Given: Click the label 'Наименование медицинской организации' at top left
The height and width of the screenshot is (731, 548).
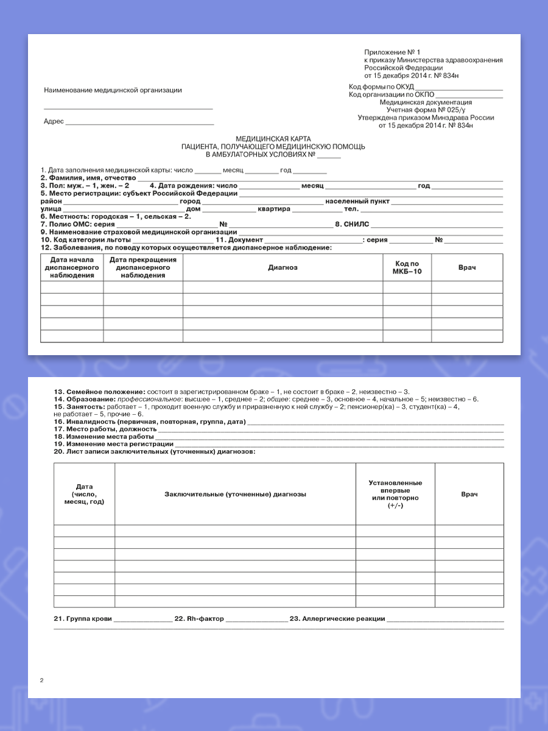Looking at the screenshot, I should tap(113, 90).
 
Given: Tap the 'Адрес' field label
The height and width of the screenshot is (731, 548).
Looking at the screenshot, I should tap(54, 121).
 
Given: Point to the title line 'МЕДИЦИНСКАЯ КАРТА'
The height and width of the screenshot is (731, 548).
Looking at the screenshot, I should tap(273, 139).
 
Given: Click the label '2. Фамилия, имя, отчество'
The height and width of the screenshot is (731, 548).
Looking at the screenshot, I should tap(88, 178).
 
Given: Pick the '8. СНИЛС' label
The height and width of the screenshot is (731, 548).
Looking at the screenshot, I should tap(353, 224).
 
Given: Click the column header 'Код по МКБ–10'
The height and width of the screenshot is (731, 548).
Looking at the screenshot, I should tap(407, 267).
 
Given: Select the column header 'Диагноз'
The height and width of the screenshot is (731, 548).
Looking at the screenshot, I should tap(283, 267).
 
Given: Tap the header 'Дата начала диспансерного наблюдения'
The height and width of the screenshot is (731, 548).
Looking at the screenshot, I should tap(72, 267).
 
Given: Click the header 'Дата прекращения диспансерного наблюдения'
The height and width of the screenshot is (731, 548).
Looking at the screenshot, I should tap(143, 267).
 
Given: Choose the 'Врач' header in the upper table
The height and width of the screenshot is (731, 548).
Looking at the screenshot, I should tap(467, 267).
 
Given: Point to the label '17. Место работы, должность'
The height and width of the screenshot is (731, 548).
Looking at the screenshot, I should tap(105, 429).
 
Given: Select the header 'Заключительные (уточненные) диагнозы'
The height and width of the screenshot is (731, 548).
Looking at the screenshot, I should tap(235, 494).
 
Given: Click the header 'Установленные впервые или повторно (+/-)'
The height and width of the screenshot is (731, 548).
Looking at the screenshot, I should tap(395, 494).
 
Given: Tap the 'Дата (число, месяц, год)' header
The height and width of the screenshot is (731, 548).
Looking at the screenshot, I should tap(84, 494).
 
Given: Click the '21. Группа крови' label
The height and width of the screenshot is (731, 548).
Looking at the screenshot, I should tap(83, 619).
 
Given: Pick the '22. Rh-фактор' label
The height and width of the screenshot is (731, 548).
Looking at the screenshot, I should tap(199, 619).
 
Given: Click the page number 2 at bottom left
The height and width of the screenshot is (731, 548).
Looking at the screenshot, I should tap(41, 680).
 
